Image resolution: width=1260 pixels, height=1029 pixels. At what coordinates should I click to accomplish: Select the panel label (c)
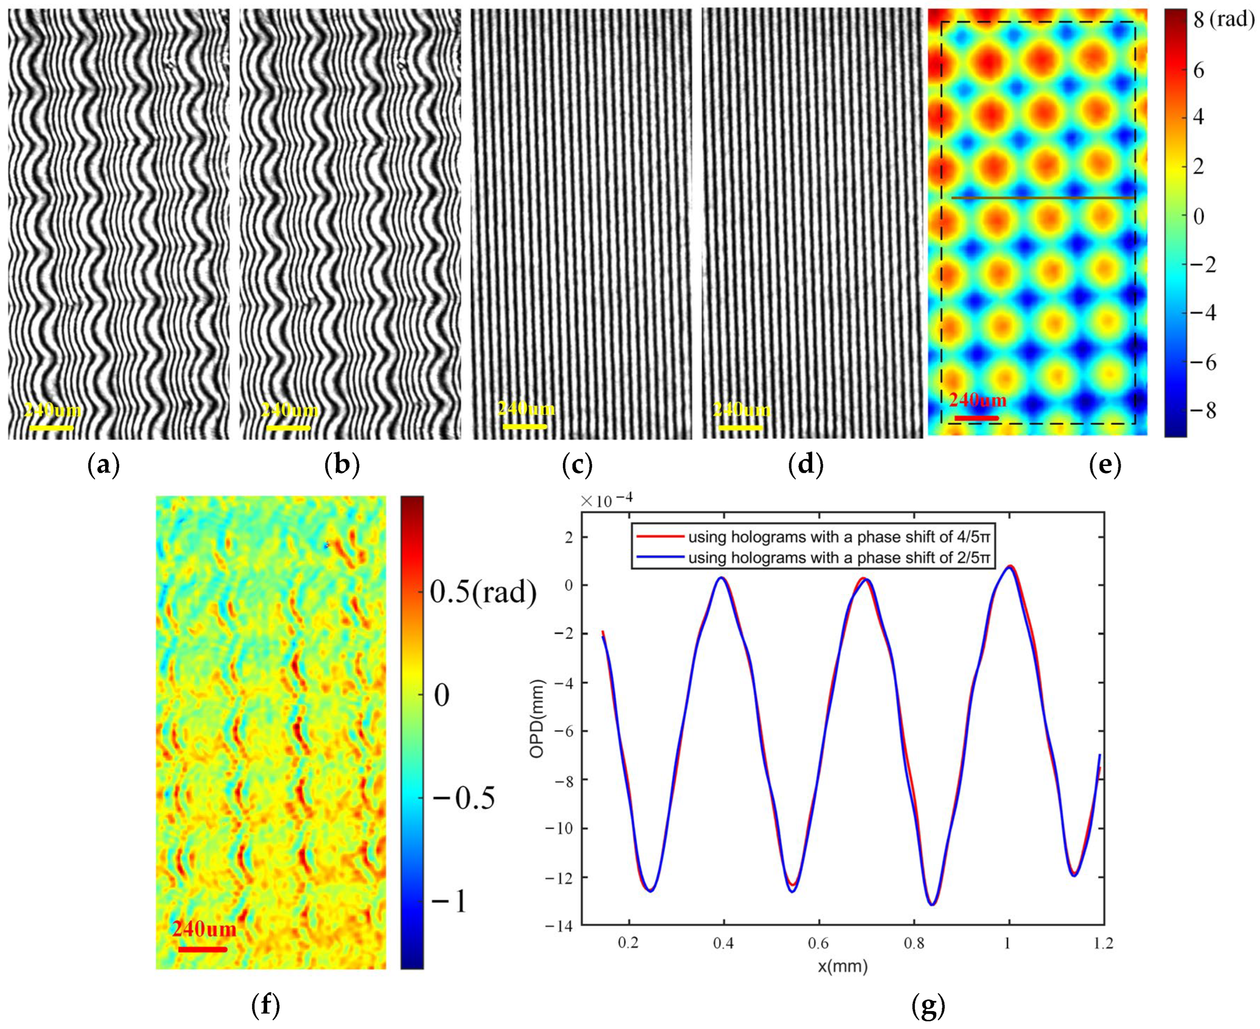(577, 466)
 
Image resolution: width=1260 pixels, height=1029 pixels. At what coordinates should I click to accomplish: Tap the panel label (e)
(1105, 466)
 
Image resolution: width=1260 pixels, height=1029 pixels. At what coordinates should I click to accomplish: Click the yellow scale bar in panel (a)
(51, 427)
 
